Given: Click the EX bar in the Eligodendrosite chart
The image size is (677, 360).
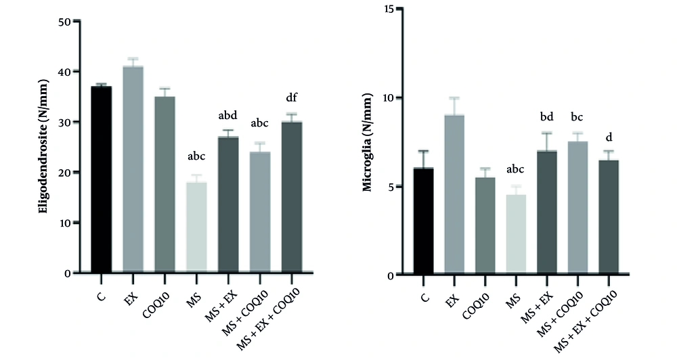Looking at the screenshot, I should click(x=133, y=169).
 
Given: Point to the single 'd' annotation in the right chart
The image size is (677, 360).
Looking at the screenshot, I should click(x=609, y=137).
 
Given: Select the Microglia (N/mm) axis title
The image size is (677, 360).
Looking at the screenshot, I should click(x=368, y=142).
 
